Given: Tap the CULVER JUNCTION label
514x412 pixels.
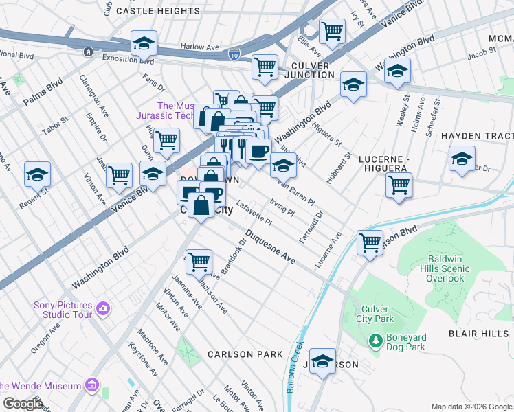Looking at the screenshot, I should [306, 70].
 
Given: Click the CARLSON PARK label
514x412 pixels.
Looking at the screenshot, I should [245, 354].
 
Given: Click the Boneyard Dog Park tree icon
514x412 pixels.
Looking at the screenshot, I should [375, 340].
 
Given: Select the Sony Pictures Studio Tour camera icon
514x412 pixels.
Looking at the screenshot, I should [103, 307].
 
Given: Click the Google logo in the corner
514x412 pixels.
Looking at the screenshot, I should [23, 404].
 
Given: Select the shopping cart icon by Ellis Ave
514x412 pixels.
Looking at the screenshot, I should [332, 30].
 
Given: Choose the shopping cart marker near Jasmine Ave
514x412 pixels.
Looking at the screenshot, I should [199, 261].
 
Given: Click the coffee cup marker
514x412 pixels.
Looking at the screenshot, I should [258, 151].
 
